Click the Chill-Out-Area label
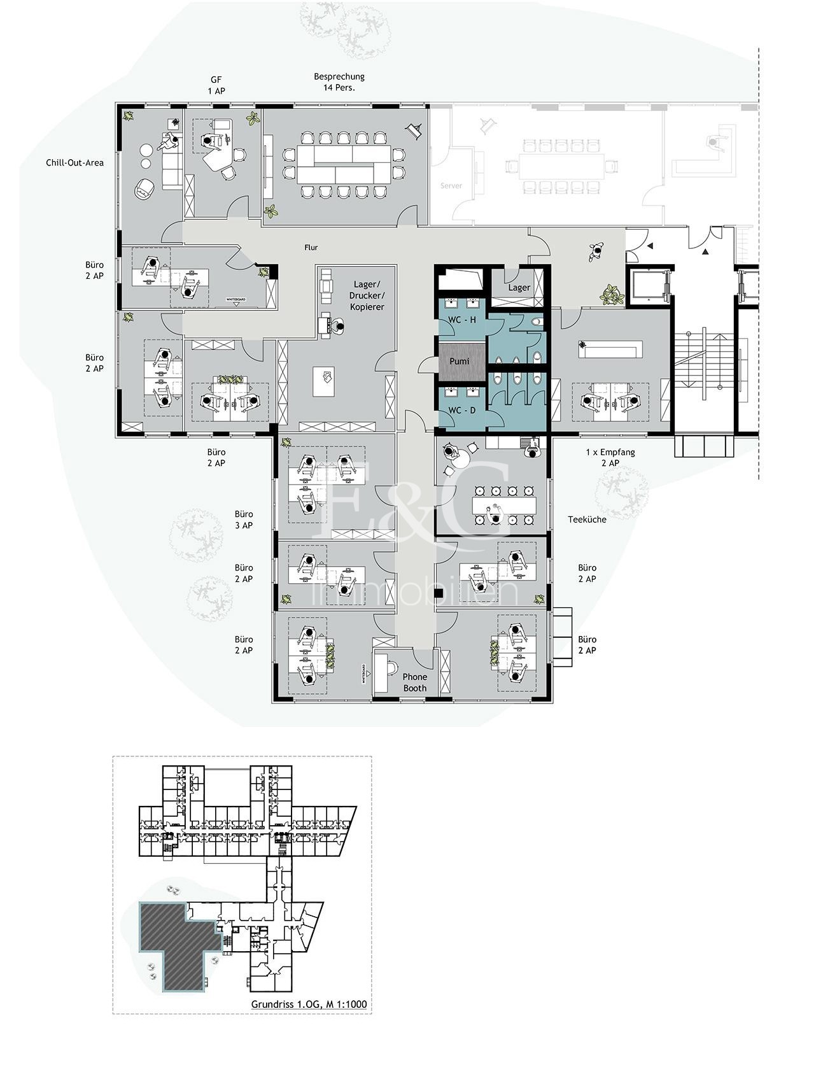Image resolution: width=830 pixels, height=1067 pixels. [74, 162]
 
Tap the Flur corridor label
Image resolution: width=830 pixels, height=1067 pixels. [311, 248]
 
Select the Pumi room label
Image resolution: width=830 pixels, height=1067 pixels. [459, 361]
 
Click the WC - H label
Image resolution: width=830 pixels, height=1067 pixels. [462, 320]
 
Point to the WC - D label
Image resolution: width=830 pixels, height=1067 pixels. [462, 410]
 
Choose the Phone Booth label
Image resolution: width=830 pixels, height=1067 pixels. [415, 682]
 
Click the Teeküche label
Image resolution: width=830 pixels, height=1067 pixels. [587, 519]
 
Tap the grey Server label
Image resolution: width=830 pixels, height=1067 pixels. [451, 186]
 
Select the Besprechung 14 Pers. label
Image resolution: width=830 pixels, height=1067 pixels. [339, 82]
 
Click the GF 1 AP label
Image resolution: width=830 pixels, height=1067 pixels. [216, 85]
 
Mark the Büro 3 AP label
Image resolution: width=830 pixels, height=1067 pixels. [244, 519]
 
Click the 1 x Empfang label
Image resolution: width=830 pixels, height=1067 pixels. [610, 452]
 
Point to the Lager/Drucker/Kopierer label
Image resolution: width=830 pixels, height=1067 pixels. [367, 296]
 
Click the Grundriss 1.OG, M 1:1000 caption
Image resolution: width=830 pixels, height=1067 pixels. [309, 1004]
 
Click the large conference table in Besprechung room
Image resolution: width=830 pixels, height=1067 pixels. [344, 164]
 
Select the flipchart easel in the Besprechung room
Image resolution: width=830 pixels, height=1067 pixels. [416, 130]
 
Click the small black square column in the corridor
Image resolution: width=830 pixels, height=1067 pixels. [439, 593]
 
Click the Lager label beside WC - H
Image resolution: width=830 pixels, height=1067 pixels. [519, 288]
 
